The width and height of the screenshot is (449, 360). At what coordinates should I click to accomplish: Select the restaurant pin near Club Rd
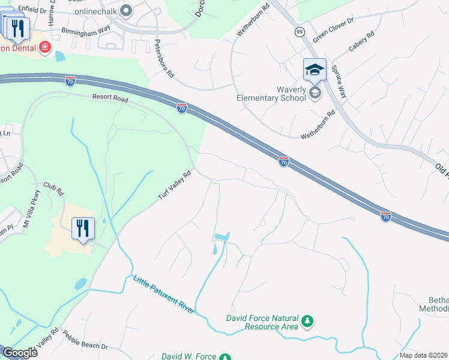point(83,228)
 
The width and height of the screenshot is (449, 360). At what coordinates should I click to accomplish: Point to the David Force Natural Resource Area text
point(262,322)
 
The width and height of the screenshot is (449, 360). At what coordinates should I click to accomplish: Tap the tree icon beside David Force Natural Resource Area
point(307,322)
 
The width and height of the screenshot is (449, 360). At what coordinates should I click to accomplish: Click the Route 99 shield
point(300,31)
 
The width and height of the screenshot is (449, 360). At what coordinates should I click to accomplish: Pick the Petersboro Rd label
point(164,59)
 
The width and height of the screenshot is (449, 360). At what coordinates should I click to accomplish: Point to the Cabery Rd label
point(361,44)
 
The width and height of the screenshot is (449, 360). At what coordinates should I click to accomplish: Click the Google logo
point(20,353)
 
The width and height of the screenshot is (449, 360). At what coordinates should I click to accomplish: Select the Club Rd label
point(52,189)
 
